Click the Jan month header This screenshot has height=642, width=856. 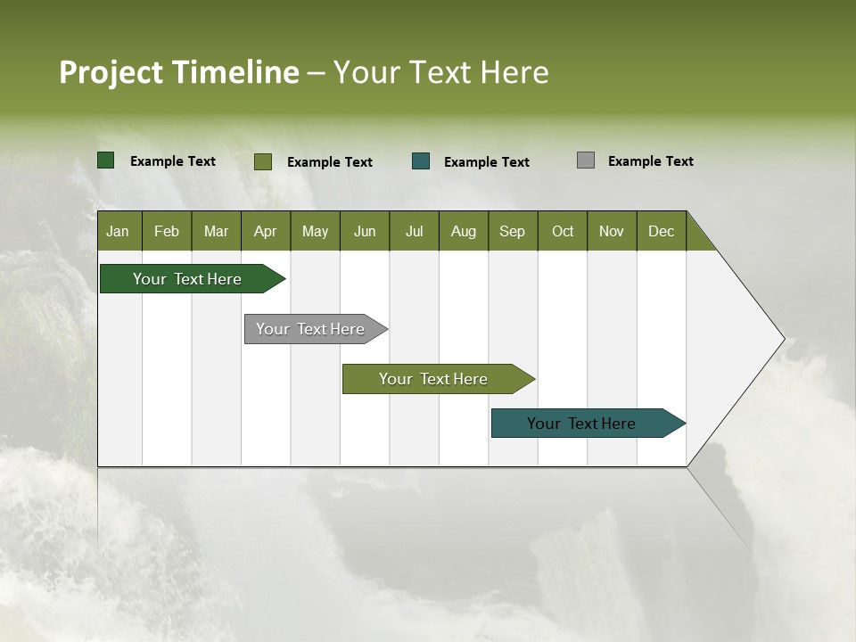pos(119,231)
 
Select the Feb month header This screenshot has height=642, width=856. pos(167,231)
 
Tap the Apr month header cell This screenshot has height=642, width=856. pos(265,231)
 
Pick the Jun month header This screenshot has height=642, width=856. pos(365,231)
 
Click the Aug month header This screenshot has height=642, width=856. pos(463,231)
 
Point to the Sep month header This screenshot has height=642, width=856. pos(513,231)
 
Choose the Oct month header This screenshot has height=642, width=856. pos(563,231)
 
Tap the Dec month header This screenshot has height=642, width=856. pos(662,231)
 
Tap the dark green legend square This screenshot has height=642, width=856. pos(106,160)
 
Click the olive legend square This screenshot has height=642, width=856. pos(263,161)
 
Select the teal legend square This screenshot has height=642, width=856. pos(421,161)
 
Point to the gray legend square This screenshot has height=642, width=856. pos(586,160)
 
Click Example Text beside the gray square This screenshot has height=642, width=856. pos(650,160)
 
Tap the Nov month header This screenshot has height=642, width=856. pos(612,231)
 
